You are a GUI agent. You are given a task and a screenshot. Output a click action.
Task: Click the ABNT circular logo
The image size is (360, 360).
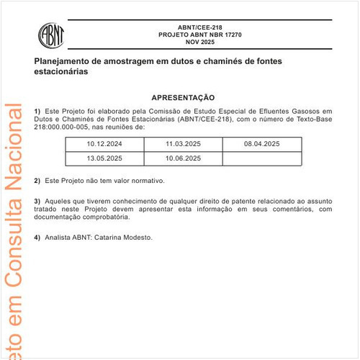[50, 34]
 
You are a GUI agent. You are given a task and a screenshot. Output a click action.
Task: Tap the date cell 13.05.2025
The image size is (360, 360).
[105, 158]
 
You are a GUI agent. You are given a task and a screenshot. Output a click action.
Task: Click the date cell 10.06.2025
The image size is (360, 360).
[183, 158]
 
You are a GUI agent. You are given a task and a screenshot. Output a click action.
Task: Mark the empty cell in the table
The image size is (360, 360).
[261, 158]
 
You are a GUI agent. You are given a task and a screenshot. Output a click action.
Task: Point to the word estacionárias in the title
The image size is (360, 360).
[61, 73]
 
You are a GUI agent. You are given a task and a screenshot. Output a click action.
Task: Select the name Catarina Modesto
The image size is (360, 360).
[123, 237]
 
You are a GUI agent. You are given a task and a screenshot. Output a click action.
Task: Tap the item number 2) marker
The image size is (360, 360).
[37, 180]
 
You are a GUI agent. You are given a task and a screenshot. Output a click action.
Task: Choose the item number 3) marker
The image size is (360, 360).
[37, 200]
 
